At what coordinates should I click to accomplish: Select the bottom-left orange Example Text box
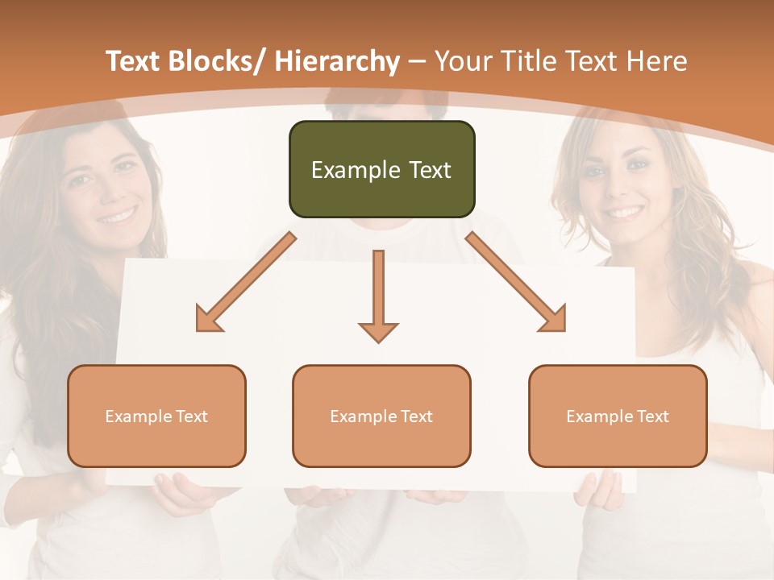click(x=156, y=416)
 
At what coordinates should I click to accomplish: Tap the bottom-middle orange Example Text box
click(x=381, y=416)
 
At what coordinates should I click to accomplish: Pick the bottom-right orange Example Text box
click(x=618, y=416)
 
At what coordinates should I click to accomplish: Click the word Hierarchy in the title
click(x=336, y=61)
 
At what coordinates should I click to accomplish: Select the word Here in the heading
click(x=659, y=61)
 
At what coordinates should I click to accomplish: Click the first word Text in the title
click(x=134, y=61)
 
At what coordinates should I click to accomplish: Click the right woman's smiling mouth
click(x=626, y=212)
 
